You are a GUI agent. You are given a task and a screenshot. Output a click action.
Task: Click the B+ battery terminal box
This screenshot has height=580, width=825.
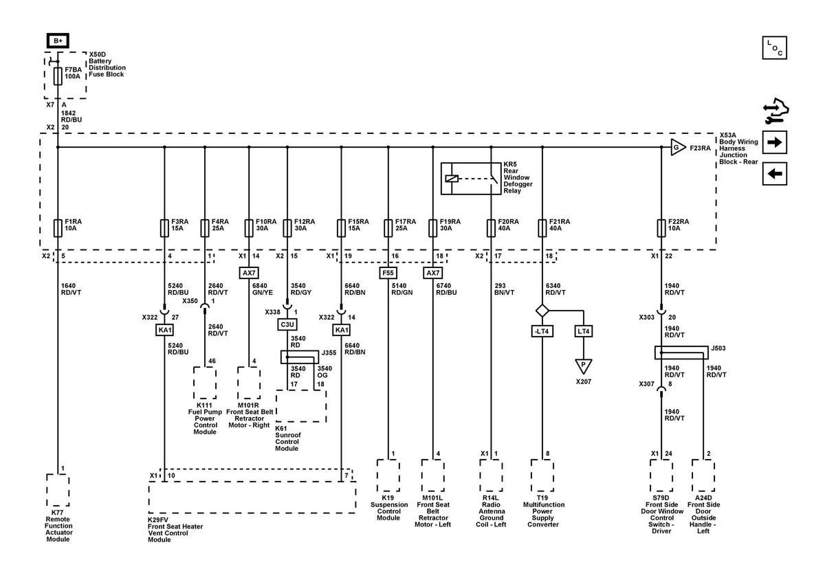(58, 41)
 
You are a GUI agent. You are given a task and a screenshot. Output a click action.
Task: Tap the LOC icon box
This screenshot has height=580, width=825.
(775, 48)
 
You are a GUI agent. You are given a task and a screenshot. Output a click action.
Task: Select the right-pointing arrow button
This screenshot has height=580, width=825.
(775, 142)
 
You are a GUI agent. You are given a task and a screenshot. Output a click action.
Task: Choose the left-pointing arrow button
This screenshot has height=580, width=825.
(775, 173)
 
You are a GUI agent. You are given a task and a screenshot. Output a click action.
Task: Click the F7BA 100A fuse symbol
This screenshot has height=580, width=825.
(58, 76)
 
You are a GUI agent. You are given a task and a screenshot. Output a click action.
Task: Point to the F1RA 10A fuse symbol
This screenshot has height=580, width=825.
(58, 228)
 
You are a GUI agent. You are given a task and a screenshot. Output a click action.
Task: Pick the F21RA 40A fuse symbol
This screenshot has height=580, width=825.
(542, 228)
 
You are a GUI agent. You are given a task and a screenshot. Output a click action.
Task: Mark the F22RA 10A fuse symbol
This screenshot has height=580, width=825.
(661, 228)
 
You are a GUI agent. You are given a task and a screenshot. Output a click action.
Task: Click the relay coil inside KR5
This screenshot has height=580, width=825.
(452, 179)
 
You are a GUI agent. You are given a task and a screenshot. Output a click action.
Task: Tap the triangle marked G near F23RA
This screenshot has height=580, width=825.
(677, 147)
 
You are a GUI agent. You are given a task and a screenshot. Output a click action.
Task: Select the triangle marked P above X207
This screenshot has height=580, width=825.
(584, 366)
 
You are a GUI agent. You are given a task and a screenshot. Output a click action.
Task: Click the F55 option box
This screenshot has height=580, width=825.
(388, 273)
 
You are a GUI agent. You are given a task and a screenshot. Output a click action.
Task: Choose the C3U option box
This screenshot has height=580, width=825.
(287, 324)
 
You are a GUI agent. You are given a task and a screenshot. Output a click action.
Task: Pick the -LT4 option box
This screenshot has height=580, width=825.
(542, 331)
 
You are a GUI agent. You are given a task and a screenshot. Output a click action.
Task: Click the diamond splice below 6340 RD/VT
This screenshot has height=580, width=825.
(542, 311)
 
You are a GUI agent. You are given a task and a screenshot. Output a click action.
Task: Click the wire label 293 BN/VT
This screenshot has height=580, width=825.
(504, 289)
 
